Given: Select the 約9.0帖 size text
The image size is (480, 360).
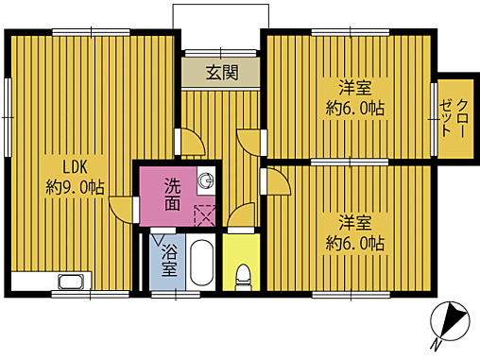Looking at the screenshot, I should click(75, 188).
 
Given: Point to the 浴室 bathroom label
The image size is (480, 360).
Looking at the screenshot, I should click(169, 261).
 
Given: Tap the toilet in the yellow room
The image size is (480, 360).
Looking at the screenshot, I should click(242, 278).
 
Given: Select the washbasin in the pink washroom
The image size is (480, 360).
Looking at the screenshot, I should click(207, 180).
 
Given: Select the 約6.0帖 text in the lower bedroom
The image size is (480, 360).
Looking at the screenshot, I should click(355, 244).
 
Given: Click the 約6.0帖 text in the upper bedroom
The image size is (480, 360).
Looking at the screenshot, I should click(355, 108).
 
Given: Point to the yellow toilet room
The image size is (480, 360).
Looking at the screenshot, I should click(242, 261).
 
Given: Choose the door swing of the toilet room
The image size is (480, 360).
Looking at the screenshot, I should click(242, 216).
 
